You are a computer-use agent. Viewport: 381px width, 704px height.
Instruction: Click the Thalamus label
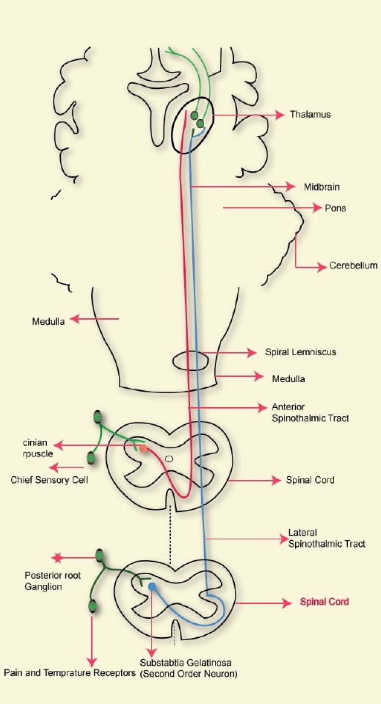310,115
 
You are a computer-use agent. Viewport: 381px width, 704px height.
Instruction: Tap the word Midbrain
322,187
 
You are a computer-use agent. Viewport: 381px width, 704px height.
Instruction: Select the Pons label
335,208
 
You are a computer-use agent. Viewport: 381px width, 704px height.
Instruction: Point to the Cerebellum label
353,265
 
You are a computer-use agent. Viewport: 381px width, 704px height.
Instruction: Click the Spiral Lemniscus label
300,352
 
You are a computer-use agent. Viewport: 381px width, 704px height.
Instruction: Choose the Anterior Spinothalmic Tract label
310,412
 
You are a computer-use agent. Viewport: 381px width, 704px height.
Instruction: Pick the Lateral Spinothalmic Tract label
327,539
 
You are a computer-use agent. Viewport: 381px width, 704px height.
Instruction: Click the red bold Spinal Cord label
324,602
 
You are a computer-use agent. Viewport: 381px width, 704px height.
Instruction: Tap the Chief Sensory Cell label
49,480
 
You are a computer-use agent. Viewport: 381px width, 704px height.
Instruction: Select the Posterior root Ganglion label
47,581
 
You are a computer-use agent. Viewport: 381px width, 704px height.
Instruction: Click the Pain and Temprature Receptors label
70,673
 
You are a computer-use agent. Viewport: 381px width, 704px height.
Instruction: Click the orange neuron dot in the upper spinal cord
143,448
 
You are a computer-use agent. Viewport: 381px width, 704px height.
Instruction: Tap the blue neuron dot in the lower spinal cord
152,586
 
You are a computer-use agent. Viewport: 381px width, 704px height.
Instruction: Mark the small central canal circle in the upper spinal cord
169,459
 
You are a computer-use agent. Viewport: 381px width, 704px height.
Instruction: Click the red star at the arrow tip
57,558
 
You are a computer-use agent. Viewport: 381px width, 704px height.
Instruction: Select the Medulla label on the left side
48,321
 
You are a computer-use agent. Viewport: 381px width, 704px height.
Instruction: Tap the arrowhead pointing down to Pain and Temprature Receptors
92,663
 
